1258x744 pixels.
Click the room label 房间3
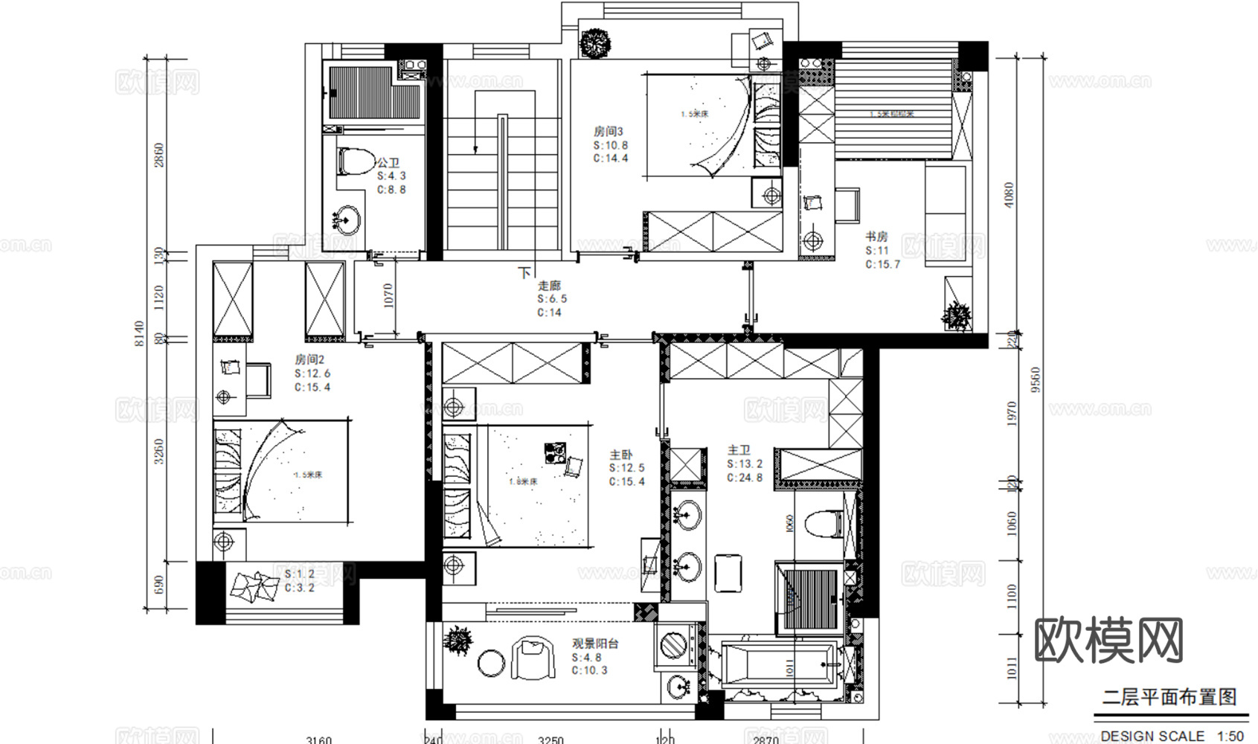point(608,132)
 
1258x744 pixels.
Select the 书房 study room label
point(876,237)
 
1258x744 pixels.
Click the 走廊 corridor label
point(549,286)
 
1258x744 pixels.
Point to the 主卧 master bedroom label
point(621,455)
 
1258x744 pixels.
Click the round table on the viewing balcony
point(491,663)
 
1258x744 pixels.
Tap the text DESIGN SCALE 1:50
point(1171,735)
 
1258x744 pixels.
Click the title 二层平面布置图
point(1169,697)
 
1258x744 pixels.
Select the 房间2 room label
point(309,360)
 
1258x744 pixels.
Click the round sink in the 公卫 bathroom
point(345,219)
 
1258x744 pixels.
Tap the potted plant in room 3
point(595,42)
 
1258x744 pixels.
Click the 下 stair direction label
point(525,273)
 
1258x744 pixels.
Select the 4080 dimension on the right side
point(1010,195)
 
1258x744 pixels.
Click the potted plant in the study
point(957,316)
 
